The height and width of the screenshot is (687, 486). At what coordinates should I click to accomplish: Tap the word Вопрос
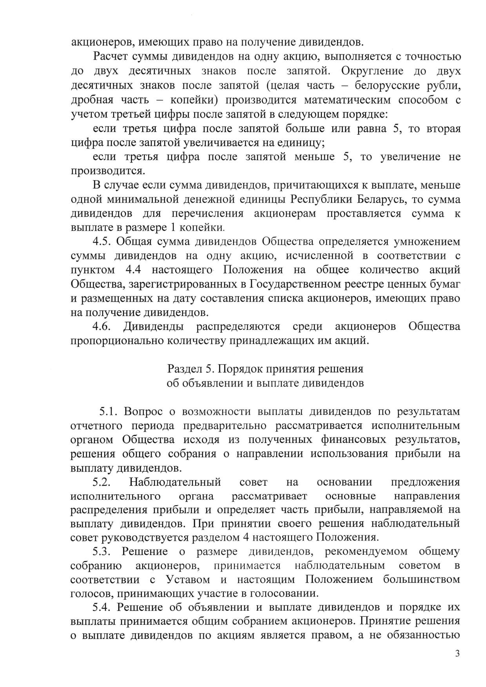tap(144, 412)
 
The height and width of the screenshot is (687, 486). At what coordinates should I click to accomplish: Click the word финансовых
tap(355, 440)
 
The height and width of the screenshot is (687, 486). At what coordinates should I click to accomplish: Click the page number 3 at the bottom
tap(457, 654)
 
